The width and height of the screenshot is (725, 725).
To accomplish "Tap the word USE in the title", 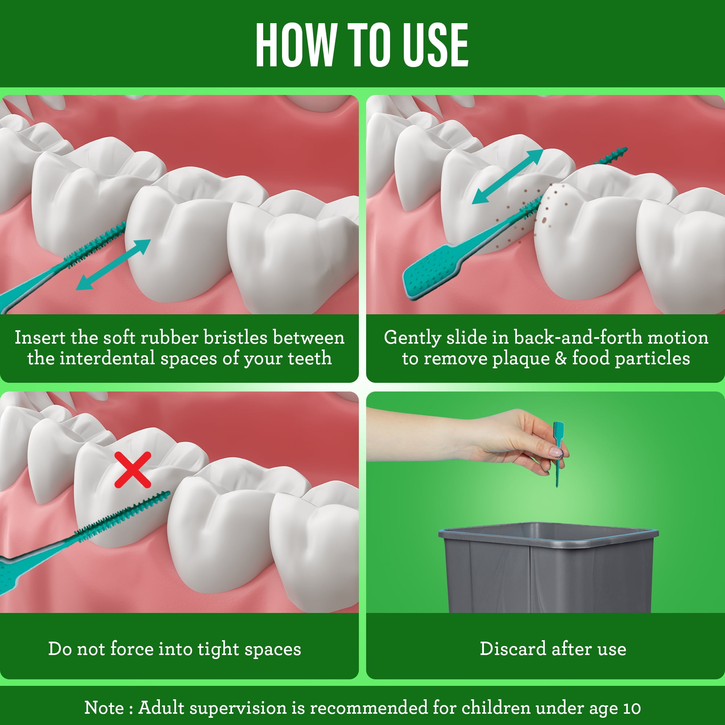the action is coord(435,45).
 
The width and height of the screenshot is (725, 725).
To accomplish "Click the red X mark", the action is coord(132,469).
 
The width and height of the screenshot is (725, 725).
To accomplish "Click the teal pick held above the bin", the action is coord(558,454).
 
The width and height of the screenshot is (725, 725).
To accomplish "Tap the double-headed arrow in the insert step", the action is coord(113,265).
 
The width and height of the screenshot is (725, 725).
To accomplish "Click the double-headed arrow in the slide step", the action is coord(507,177).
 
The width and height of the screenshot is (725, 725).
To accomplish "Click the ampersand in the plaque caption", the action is coord(561,359).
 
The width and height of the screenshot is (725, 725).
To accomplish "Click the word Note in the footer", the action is coord(104,708).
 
